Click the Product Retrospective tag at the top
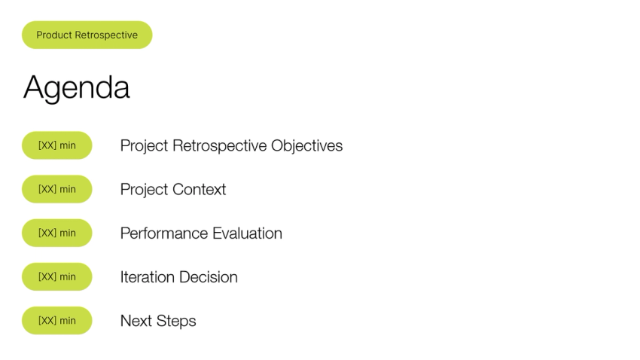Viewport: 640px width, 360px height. [x=87, y=35]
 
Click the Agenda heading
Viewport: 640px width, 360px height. [x=76, y=88]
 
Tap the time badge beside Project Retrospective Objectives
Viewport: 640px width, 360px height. [x=57, y=145]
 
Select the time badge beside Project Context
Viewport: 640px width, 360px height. [x=57, y=189]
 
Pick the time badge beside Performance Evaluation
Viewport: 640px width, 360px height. [x=57, y=233]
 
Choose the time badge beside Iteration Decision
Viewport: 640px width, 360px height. [x=57, y=276]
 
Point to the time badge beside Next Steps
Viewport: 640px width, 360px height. [x=57, y=320]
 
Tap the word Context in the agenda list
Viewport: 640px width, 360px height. [x=200, y=190]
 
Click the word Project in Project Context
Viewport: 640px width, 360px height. [x=145, y=190]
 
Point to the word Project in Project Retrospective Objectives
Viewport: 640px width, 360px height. [x=145, y=146]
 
